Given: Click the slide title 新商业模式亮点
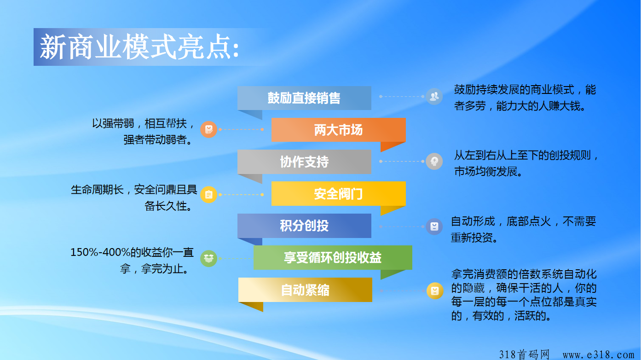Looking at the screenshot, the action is click(x=139, y=47).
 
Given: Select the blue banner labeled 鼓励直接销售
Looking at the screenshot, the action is click(x=304, y=98).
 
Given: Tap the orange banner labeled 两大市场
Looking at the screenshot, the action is click(x=339, y=130).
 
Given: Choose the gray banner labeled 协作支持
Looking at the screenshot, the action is click(x=304, y=162).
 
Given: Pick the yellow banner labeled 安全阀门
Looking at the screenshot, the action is click(x=339, y=194).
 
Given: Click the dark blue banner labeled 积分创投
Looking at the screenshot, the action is click(x=304, y=226).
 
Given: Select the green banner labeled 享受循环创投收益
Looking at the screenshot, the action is click(x=333, y=257).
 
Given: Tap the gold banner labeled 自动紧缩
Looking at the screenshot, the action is click(x=306, y=290).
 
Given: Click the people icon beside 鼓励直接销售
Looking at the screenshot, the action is click(x=434, y=97).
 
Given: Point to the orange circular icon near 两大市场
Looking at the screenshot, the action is click(x=208, y=129).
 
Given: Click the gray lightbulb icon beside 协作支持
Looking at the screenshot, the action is click(x=434, y=162).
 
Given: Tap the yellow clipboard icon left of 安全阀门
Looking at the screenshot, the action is click(x=208, y=195).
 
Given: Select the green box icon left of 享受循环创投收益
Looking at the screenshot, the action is click(x=208, y=259).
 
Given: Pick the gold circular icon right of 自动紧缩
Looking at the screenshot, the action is click(x=435, y=291).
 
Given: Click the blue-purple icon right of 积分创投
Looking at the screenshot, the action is click(x=434, y=226).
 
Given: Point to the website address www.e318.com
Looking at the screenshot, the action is click(x=598, y=355).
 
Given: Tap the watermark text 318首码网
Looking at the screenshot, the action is click(x=524, y=354).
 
